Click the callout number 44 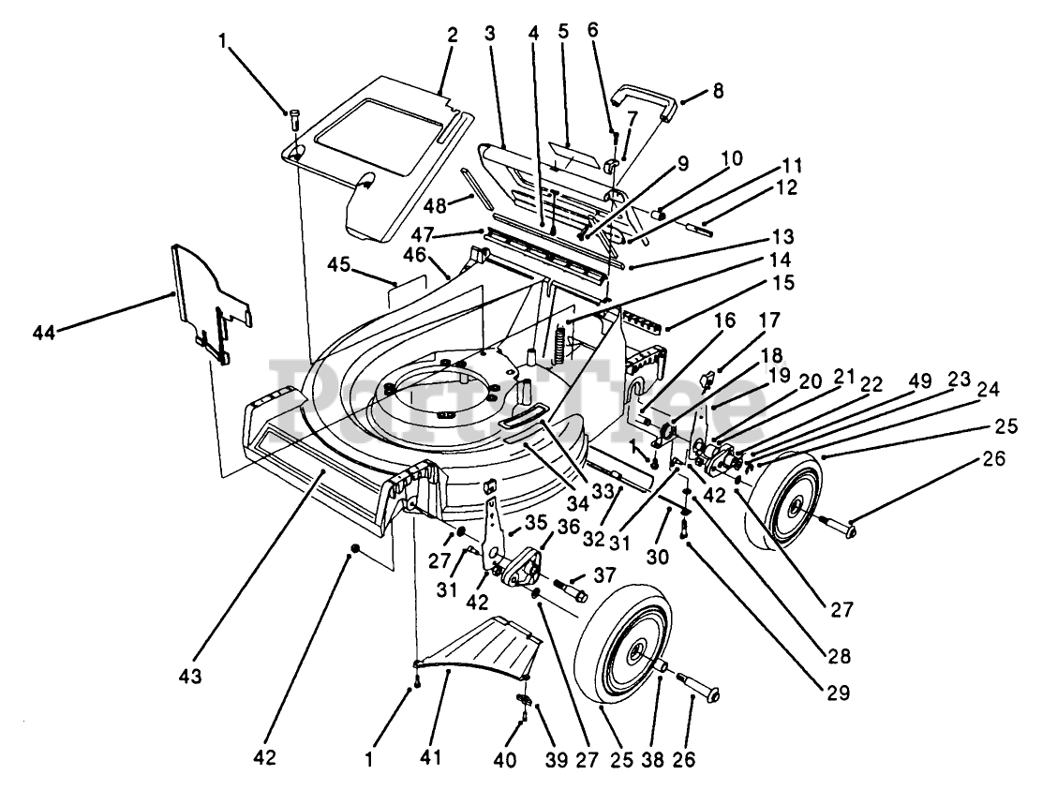(44, 333)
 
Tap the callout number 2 (452, 35)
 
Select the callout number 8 (718, 90)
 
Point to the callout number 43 (190, 676)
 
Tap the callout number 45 (338, 265)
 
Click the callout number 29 (839, 693)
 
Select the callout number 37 (604, 575)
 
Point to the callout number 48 (436, 205)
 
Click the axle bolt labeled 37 (571, 590)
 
